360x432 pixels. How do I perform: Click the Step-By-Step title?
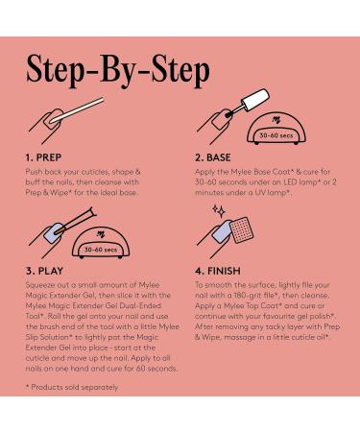[118, 70]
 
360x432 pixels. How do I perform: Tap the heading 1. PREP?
[43, 157]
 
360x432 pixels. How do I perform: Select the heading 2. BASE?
[213, 157]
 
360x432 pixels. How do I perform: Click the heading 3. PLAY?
[44, 271]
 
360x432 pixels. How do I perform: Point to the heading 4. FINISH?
[218, 271]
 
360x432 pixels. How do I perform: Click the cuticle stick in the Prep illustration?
[78, 109]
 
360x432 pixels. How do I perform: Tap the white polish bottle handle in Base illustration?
[255, 100]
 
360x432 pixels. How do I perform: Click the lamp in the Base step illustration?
[276, 128]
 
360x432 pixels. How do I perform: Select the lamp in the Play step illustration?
[101, 242]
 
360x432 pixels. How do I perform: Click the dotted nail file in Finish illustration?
[242, 229]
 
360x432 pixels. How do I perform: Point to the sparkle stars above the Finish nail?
[219, 211]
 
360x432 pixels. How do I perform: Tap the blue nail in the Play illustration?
[55, 232]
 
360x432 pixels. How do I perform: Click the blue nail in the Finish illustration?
[223, 231]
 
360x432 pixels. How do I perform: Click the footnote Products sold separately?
[72, 387]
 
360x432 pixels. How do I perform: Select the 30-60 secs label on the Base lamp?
[276, 135]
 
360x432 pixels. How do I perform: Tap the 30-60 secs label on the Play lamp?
[101, 250]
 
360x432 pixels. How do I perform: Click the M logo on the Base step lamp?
[276, 120]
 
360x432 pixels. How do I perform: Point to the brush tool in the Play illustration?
[76, 220]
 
